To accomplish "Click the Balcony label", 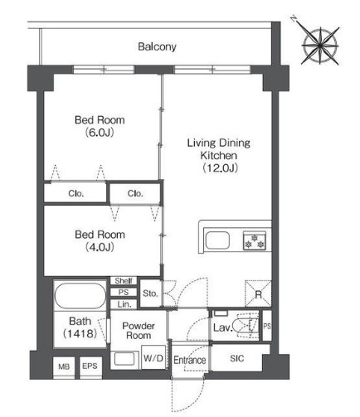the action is click(157, 46).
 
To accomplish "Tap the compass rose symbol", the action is click(319, 46).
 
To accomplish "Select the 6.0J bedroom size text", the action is click(100, 133).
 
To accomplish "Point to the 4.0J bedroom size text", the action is click(100, 247).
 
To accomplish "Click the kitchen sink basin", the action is click(217, 240).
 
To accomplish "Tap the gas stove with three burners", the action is click(255, 240).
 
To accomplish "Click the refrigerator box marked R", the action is click(258, 293).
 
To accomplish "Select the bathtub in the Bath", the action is click(80, 296).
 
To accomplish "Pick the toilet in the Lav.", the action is click(246, 325).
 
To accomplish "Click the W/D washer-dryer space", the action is click(153, 357).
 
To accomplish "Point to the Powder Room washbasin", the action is click(124, 359).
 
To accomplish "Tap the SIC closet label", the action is click(237, 358).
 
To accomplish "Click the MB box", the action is click(64, 367).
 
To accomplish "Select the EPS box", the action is click(90, 366).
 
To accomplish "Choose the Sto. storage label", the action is click(150, 293).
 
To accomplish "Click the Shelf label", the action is click(124, 281).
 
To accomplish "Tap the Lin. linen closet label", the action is click(124, 304).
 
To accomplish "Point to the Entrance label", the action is click(190, 361).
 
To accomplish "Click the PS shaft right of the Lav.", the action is click(267, 326).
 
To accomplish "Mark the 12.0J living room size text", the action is click(220, 167).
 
